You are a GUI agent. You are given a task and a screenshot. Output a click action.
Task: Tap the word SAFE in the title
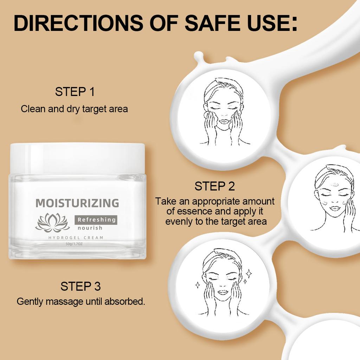pos(207,23)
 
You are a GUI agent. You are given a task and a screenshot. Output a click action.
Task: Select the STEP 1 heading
pos(75,92)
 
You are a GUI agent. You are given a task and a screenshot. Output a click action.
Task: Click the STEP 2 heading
pos(214,186)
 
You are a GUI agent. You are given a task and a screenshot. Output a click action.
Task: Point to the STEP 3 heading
pos(81,286)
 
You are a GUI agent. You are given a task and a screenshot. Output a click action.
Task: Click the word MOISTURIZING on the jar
pos(77,203)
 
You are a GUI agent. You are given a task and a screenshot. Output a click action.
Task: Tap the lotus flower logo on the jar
pos(53,223)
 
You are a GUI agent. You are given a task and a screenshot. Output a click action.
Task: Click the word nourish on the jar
pos(90,228)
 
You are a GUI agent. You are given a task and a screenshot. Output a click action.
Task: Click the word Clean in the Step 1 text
pos(33,109)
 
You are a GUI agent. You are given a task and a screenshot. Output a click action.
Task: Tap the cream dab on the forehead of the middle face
pos(335,184)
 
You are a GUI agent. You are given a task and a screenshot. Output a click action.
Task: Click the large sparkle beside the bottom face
pos(249,273)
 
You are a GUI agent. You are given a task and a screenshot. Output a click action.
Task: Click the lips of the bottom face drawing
pos(223,292)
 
